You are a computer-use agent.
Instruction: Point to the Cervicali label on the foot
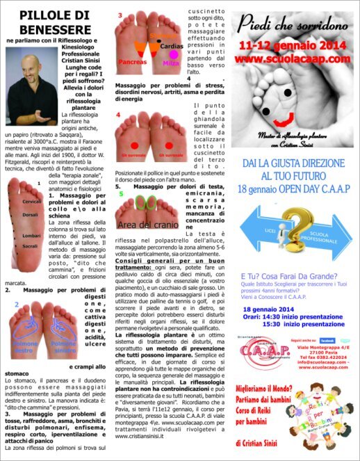coord(13,201)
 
